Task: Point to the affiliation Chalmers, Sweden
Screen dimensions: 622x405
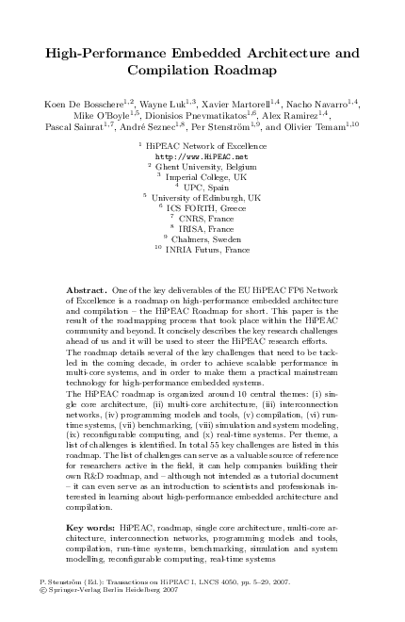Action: pyautogui.click(x=206, y=240)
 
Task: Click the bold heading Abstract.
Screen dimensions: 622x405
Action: pyautogui.click(x=89, y=285)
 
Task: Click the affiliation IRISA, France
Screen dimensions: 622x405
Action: pyautogui.click(x=206, y=229)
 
